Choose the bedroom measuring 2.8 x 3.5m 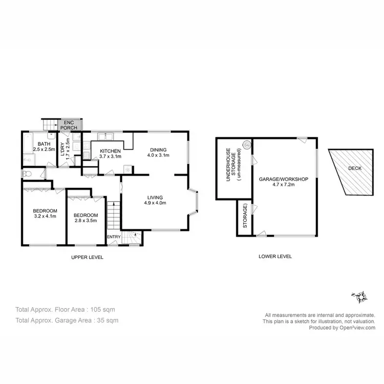[x=85, y=218]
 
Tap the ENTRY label [x=113, y=237]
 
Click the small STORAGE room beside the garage [x=245, y=216]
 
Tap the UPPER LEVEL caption [x=87, y=257]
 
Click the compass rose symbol [x=361, y=295]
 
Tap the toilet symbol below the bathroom [x=28, y=175]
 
